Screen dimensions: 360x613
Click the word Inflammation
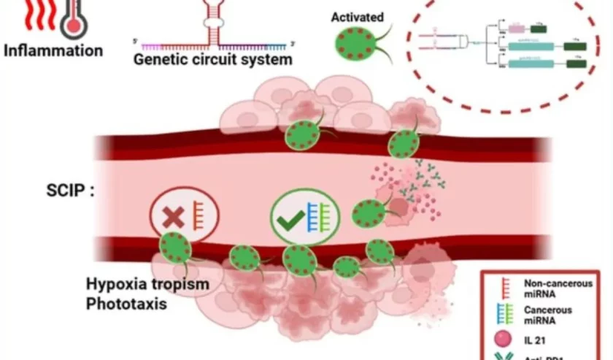(53, 51)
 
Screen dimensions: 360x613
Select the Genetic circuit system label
(212, 59)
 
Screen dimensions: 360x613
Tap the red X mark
(174, 216)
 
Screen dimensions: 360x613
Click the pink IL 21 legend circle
(503, 340)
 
